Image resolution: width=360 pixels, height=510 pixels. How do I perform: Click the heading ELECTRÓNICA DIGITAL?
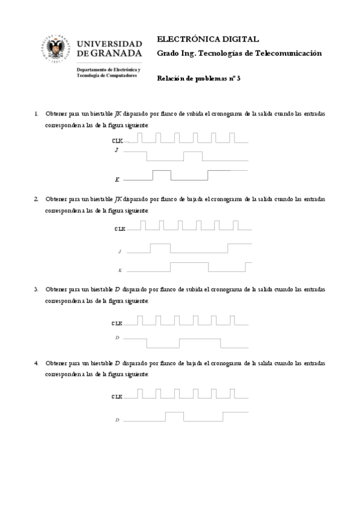click(207, 38)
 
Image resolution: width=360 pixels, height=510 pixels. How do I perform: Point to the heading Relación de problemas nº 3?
click(198, 79)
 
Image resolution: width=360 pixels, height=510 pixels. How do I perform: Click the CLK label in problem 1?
click(118, 140)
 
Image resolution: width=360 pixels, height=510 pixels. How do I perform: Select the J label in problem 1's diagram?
click(117, 150)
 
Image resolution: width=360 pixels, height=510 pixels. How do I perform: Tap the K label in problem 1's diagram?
click(117, 180)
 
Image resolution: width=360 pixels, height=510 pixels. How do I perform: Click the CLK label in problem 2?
click(120, 229)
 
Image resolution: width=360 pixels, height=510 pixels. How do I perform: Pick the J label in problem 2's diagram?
click(120, 252)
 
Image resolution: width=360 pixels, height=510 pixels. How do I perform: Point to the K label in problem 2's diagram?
click(120, 271)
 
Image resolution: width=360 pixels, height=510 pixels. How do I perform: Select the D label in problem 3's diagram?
click(117, 338)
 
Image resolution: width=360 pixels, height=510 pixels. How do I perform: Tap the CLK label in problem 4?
click(117, 397)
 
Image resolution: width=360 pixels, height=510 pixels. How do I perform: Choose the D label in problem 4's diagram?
click(117, 420)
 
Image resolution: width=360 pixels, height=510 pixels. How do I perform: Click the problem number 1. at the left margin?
click(37, 114)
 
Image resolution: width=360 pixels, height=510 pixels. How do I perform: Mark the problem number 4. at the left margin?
click(37, 363)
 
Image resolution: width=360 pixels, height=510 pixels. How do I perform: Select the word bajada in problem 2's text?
click(192, 198)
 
